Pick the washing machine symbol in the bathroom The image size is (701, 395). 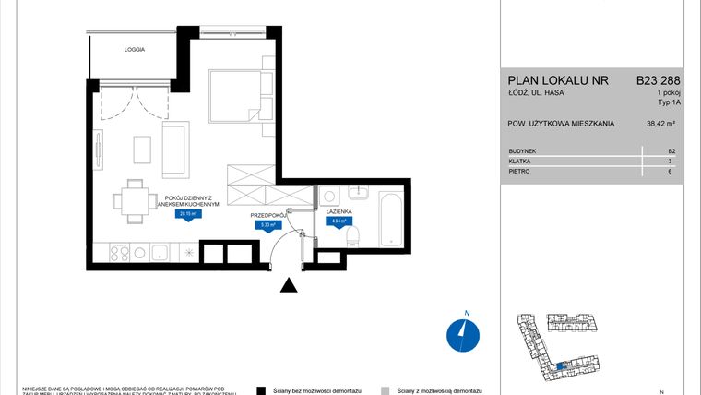coord(330,197)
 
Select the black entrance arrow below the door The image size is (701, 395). coord(289,287)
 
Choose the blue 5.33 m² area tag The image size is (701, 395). coord(269,223)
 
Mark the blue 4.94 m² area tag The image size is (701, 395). coord(339,221)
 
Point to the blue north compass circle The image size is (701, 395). coord(460,335)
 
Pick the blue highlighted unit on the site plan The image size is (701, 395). coord(561,367)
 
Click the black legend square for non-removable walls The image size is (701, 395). coord(262,390)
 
